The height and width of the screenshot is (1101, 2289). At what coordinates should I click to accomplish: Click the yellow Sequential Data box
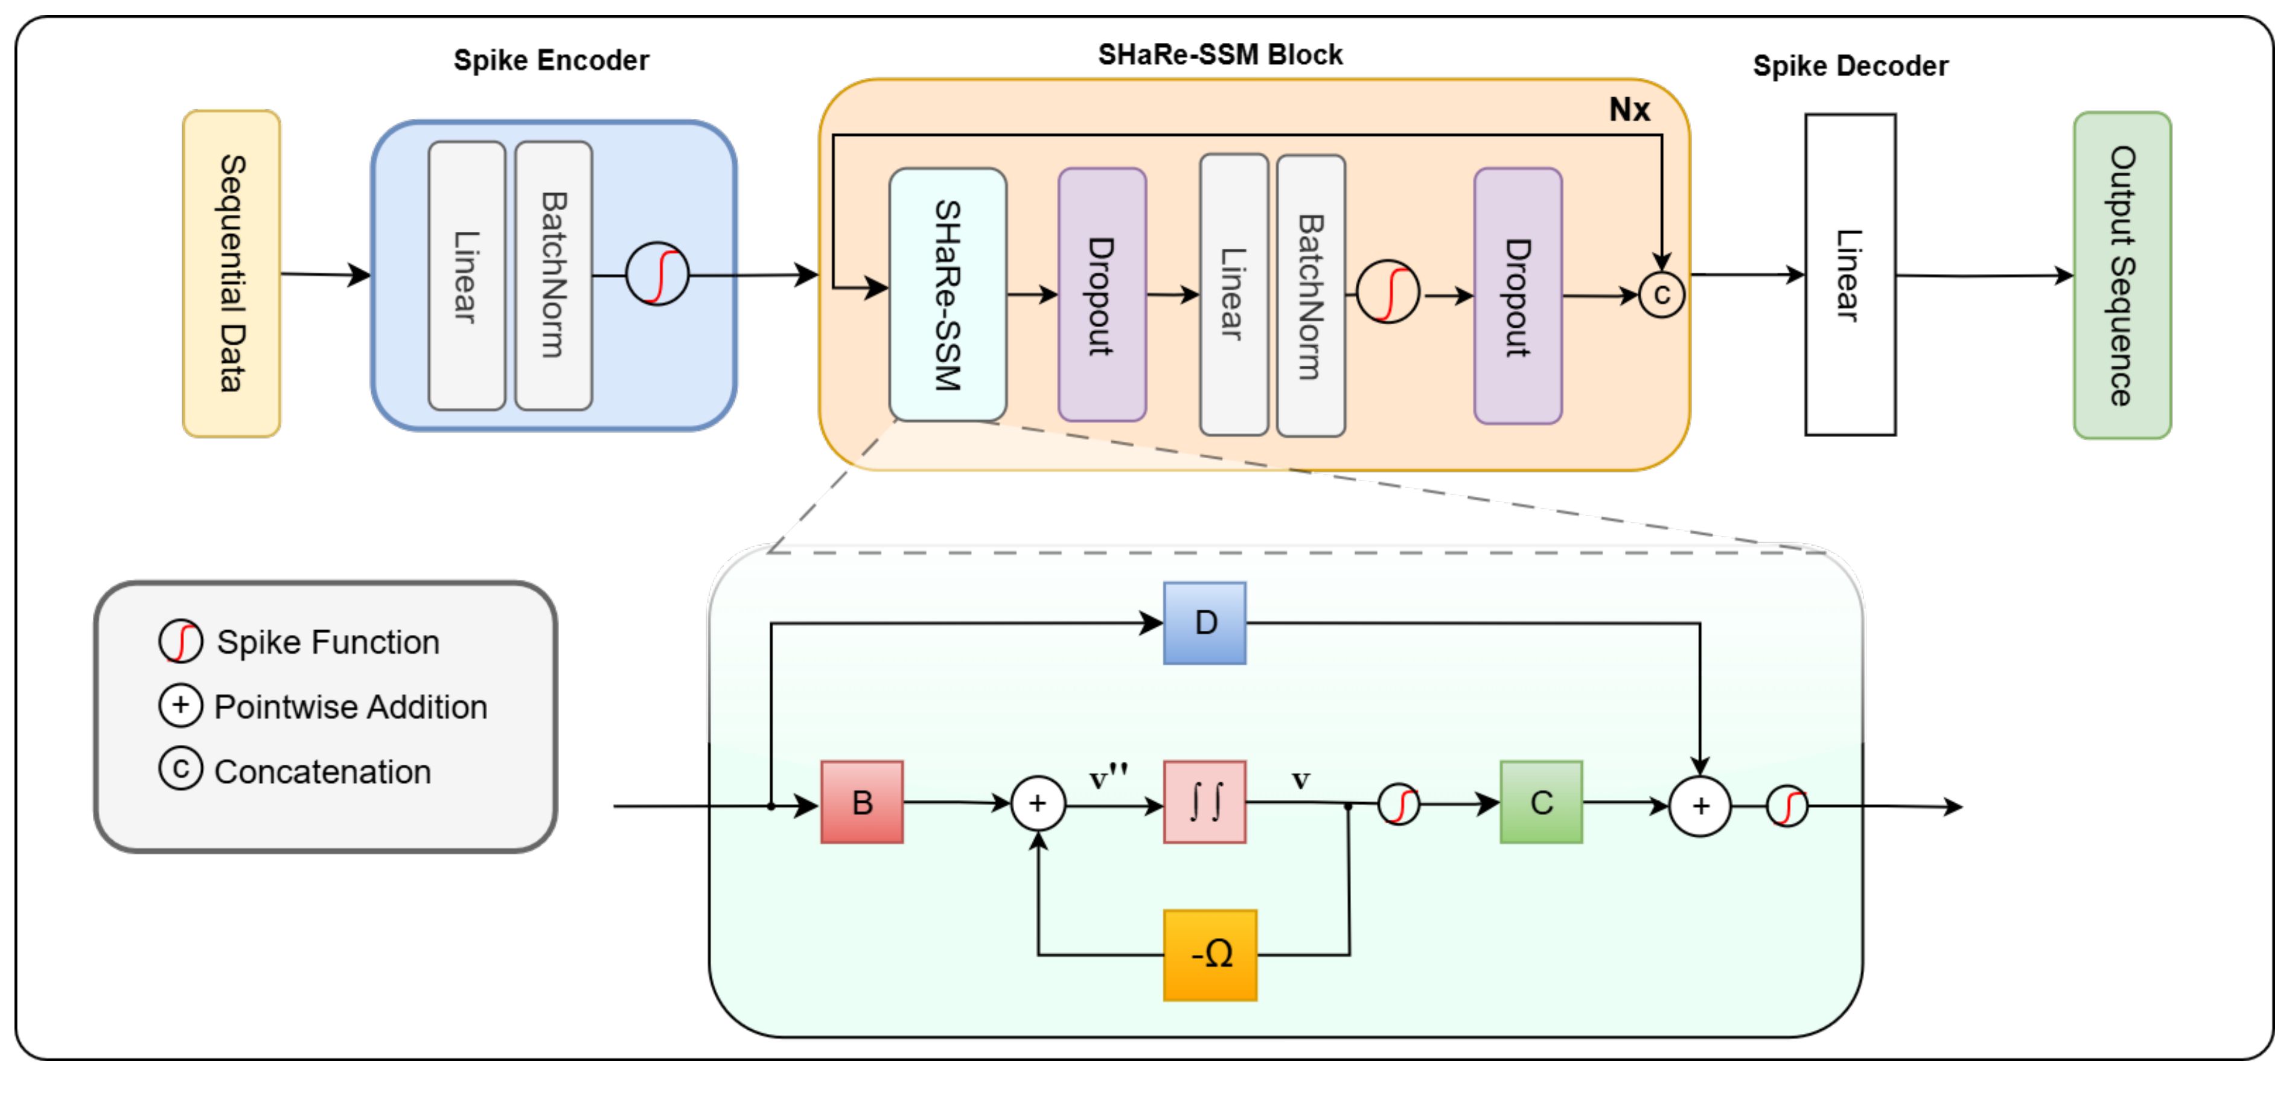[x=231, y=273]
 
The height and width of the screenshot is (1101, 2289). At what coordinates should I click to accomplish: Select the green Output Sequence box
[x=2122, y=275]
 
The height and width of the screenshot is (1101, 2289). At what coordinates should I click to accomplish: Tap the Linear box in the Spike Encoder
[x=467, y=275]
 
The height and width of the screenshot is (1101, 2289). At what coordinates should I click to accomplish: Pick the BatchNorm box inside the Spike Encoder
[x=553, y=275]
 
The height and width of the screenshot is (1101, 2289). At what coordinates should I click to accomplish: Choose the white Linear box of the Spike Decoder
[x=1850, y=275]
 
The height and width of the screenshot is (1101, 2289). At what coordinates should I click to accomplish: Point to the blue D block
[x=1205, y=623]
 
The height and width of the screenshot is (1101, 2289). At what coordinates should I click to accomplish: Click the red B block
[x=862, y=802]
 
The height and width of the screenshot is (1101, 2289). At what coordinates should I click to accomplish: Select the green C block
[x=1541, y=802]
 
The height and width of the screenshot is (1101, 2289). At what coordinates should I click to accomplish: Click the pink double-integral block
[x=1205, y=802]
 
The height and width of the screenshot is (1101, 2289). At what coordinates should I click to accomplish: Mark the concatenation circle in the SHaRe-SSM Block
[x=1661, y=295]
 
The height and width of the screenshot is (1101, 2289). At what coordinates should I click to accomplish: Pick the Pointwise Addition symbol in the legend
[x=180, y=706]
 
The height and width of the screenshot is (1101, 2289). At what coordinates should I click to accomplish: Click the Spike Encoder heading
[x=551, y=60]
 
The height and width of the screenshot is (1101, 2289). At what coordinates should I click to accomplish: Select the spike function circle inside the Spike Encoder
[x=657, y=275]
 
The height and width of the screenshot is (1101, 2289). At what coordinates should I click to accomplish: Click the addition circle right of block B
[x=1038, y=804]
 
